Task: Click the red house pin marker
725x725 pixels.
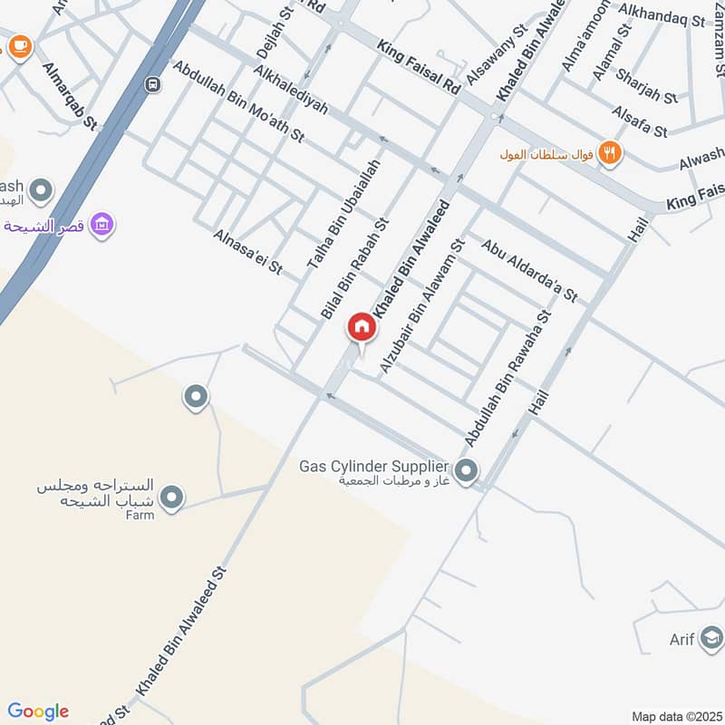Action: pos(362,327)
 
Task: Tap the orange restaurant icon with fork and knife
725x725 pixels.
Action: pos(610,153)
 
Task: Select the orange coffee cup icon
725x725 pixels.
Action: pos(20,43)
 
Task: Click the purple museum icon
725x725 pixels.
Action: pos(102,224)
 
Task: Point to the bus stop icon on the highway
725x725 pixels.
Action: pos(152,84)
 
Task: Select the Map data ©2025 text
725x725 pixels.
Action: pos(675,717)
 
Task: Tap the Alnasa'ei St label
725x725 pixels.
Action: pos(248,252)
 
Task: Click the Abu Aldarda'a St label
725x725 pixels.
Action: pos(529,270)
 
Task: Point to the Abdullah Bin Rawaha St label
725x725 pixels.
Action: pos(508,379)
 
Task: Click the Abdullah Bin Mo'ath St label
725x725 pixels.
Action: pos(237,101)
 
